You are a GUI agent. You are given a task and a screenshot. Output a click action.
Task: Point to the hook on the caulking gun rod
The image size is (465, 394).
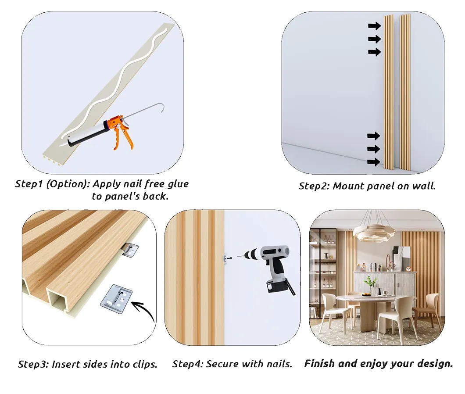pyautogui.click(x=163, y=107)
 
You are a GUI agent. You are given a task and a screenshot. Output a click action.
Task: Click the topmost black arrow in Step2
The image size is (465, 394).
pyautogui.click(x=374, y=26)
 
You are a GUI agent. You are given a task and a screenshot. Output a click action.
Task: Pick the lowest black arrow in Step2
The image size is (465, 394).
pyautogui.click(x=374, y=162)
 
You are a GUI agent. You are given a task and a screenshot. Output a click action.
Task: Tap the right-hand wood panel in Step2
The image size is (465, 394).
pyautogui.click(x=405, y=92)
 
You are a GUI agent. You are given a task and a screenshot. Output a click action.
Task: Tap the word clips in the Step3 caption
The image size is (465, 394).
pyautogui.click(x=144, y=364)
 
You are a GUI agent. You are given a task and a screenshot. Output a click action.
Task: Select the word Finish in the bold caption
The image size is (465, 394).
pyautogui.click(x=319, y=364)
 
